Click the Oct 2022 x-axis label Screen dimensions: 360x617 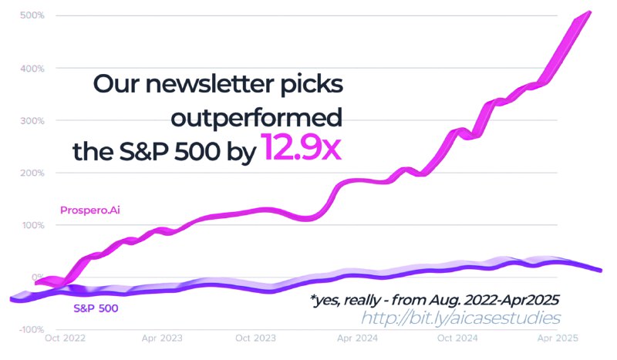click(x=66, y=338)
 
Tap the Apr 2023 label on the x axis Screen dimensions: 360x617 click(x=163, y=338)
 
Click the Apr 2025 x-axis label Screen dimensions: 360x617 click(x=552, y=338)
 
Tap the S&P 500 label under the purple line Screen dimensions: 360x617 click(x=95, y=308)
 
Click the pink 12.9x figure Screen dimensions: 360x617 click(x=301, y=146)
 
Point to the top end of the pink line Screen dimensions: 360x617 click(x=590, y=12)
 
